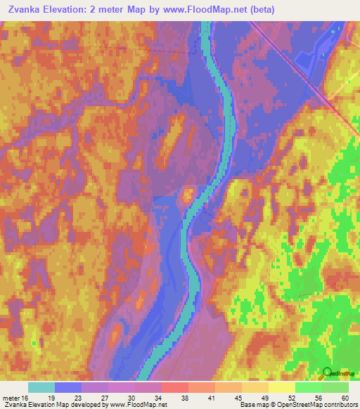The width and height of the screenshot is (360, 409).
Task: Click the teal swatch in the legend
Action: (41, 387)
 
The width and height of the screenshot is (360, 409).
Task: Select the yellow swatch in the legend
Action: (281, 387)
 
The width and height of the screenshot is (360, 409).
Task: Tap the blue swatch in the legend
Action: (68, 387)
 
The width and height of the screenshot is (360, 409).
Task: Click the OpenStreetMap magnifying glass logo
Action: (328, 373)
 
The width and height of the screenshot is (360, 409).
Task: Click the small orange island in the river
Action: (188, 195)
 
